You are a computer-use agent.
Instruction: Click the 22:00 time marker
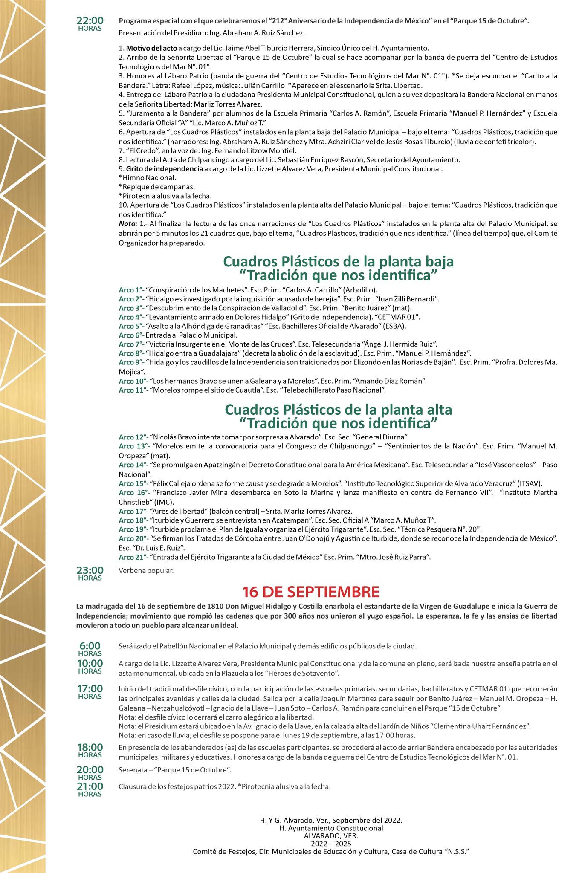pos(90,23)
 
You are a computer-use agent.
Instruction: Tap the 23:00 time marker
pos(90,572)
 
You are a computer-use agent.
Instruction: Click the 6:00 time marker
pos(90,648)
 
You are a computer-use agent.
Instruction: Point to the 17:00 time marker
pos(90,691)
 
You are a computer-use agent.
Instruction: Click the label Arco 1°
pos(131,290)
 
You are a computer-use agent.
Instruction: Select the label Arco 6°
pos(131,335)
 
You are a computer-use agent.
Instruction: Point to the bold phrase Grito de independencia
pos(164,169)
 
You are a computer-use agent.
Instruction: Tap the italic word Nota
pos(127,223)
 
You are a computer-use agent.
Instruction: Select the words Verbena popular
pos(146,570)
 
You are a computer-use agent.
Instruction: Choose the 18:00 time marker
pos(90,750)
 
